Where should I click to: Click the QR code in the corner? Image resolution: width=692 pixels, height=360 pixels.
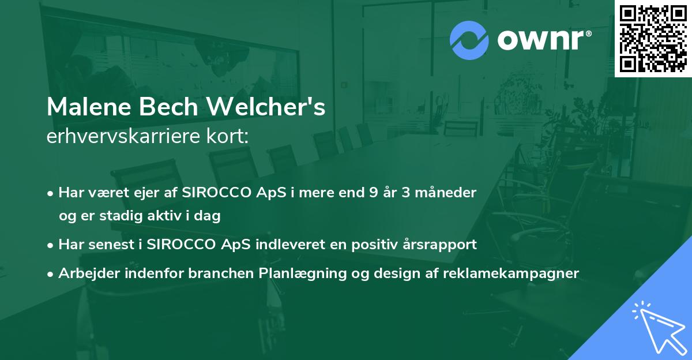click(653, 39)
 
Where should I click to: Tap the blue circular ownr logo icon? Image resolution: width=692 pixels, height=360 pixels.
click(469, 40)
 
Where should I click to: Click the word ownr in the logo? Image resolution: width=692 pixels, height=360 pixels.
click(541, 40)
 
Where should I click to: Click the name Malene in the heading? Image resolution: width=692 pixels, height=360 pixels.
click(89, 107)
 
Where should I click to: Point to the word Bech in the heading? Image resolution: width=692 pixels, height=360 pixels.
click(168, 107)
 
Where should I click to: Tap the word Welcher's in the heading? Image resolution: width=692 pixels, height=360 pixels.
click(266, 107)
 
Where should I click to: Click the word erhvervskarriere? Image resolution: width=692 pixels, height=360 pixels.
click(123, 136)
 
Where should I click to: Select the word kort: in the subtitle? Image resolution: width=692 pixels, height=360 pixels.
click(228, 136)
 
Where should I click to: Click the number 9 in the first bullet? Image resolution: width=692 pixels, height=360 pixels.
click(374, 193)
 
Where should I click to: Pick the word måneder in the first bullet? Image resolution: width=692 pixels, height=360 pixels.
click(446, 193)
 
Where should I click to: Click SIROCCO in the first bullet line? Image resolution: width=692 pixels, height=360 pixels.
click(217, 193)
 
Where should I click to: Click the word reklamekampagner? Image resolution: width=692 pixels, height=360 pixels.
click(511, 273)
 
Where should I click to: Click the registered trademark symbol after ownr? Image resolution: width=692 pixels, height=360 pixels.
click(588, 33)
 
